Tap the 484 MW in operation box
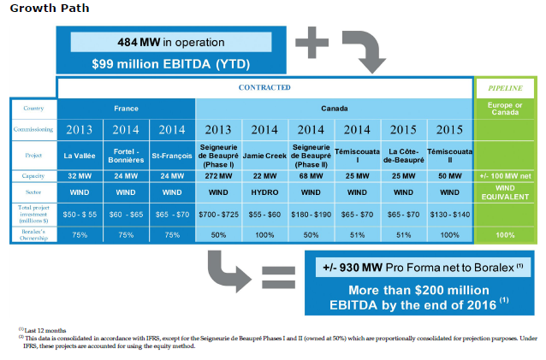pos(170,42)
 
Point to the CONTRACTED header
pos(264,87)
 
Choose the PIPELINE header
pos(505,87)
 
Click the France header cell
pos(126,109)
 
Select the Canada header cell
pos(333,109)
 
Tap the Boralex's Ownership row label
pos(32,233)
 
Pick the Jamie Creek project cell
pos(264,156)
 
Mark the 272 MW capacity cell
pos(218,176)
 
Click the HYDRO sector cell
pos(264,192)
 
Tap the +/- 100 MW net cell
pos(505,176)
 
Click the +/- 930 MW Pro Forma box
pos(418,268)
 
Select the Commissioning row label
pos(32,130)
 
